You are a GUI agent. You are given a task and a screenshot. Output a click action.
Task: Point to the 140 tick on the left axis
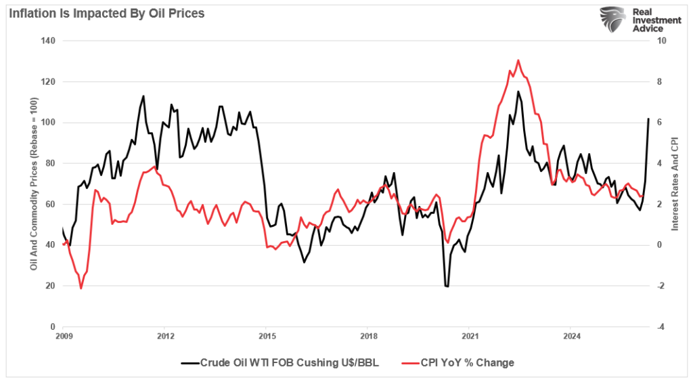[x=49, y=41]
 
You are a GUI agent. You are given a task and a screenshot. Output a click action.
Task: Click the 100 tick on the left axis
[x=49, y=123]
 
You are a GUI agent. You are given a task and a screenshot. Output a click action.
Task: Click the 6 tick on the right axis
[x=658, y=123]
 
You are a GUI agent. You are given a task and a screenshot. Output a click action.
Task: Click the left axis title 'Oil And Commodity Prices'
[x=33, y=184]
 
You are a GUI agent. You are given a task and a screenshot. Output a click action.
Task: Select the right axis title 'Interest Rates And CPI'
[x=674, y=184]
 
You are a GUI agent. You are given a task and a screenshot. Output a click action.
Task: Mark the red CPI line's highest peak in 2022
[x=518, y=60]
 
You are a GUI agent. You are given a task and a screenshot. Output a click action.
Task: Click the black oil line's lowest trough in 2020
[x=447, y=287]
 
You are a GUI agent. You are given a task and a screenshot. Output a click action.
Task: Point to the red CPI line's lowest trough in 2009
[x=81, y=289]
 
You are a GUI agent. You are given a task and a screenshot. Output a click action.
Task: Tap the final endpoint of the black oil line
[x=648, y=119]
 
